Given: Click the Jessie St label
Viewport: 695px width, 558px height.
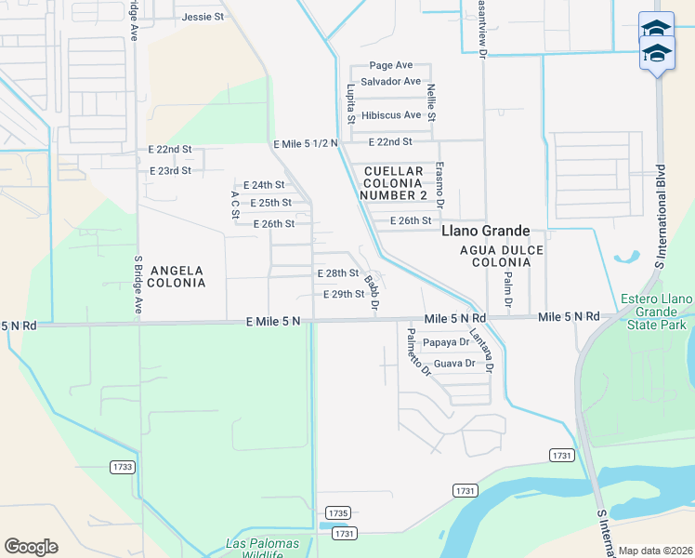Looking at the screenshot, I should [x=203, y=17].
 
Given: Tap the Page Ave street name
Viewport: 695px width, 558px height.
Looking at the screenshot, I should [x=390, y=65].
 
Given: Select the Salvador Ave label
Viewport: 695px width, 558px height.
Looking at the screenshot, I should [x=390, y=82].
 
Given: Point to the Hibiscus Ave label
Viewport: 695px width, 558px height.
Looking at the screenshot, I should [x=391, y=115].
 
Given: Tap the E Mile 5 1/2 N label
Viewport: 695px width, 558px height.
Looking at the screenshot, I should [x=306, y=144].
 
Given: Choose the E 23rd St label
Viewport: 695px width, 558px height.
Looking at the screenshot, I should [x=170, y=171].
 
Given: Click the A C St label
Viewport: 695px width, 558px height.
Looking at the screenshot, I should [x=235, y=206].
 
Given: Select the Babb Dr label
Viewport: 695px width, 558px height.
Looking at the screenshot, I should [x=372, y=291].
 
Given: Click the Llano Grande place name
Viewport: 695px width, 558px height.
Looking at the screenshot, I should [x=485, y=231].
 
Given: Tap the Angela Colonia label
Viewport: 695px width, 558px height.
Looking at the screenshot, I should [x=169, y=275].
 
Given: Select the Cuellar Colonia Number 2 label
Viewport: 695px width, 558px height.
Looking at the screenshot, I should [x=395, y=183].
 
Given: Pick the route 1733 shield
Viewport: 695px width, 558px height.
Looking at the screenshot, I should [x=122, y=466].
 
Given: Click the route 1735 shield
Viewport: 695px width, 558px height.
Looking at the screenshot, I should [x=338, y=512].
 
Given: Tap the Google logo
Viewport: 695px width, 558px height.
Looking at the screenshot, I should [x=31, y=547].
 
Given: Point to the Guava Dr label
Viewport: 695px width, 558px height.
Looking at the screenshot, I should [x=454, y=364].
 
